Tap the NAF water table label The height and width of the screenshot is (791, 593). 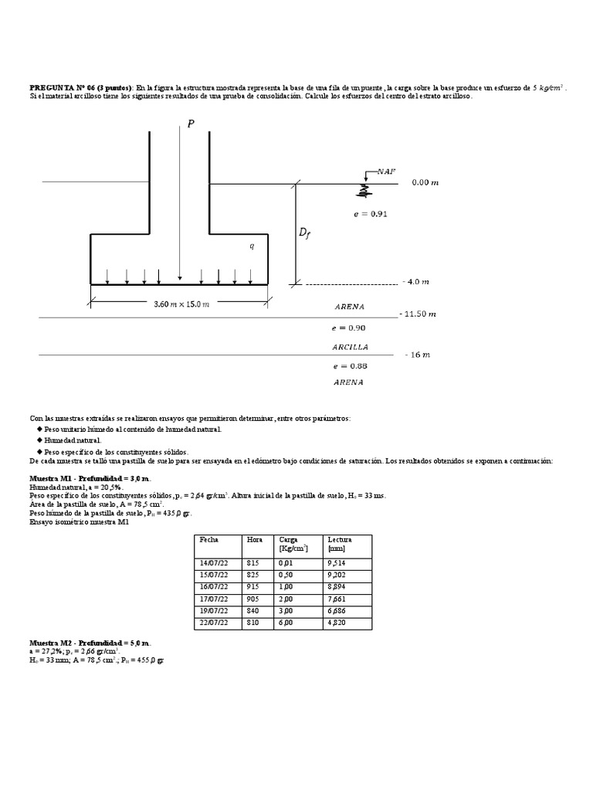(x=386, y=171)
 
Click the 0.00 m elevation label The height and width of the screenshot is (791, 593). (x=425, y=182)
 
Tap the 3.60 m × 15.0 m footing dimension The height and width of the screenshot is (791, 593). (x=177, y=304)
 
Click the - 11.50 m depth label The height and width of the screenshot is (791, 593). (x=418, y=314)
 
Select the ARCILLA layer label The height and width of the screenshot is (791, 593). (x=350, y=347)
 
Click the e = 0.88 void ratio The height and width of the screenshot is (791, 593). (x=348, y=366)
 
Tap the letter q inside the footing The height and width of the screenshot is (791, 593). (x=251, y=246)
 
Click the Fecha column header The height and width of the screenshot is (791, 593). (x=209, y=539)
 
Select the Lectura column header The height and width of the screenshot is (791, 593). (x=339, y=539)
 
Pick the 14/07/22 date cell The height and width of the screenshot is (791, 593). (x=214, y=564)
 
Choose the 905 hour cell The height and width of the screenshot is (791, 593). (x=253, y=598)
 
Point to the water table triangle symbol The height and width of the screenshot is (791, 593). (x=362, y=186)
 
